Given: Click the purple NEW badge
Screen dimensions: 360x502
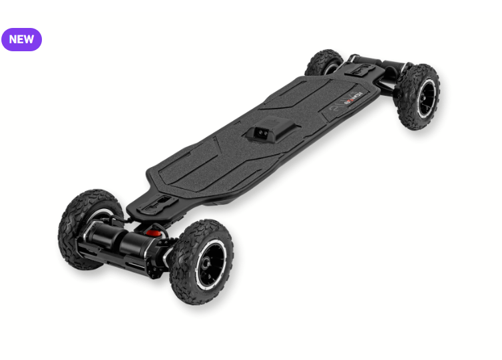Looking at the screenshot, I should coord(21,39).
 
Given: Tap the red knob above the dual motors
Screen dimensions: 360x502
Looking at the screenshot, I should coord(153,232).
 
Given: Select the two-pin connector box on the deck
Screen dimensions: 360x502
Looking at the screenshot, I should coord(262,131).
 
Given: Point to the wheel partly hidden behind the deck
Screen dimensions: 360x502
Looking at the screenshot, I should coord(323,63).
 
